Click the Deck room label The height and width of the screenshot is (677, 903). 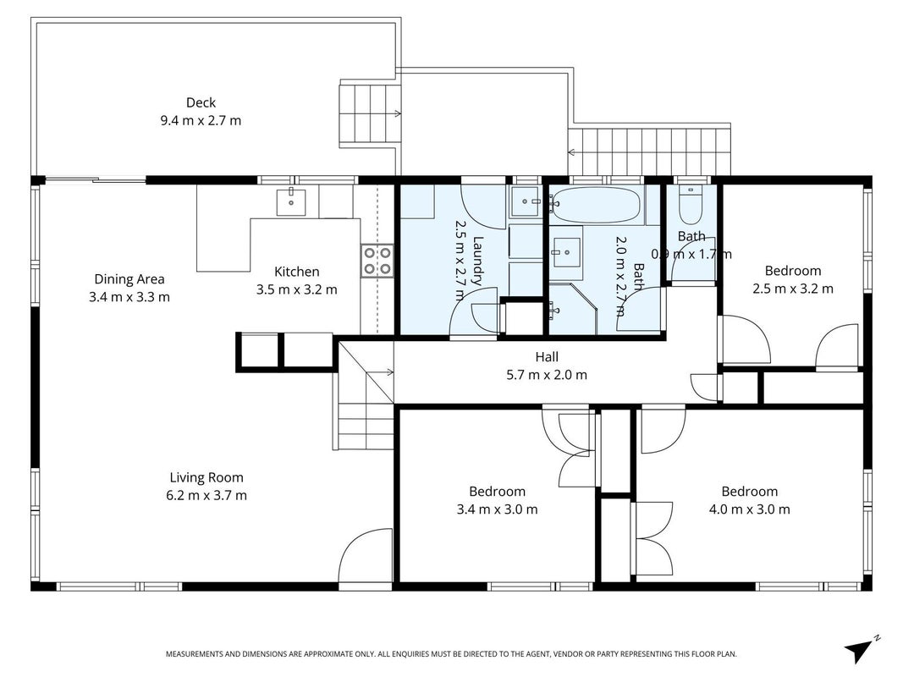point(201,102)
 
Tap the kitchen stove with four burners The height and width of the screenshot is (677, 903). point(377,261)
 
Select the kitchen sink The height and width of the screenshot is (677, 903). point(291,201)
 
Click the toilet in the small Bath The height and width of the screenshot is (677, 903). point(690,205)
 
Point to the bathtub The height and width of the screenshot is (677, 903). point(596,204)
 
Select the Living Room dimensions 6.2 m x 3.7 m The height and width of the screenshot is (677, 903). point(206,495)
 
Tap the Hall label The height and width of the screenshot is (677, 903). point(547,357)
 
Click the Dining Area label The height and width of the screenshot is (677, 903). point(129,279)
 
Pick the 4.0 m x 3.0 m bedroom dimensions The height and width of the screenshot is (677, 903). point(749,509)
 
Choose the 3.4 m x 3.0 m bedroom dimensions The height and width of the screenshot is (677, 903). point(497,509)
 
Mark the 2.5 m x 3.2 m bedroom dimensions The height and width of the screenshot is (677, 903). point(792,289)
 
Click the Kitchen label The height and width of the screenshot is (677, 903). point(296,272)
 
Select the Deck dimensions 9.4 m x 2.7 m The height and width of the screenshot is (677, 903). point(201,120)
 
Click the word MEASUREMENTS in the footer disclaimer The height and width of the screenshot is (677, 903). point(194,654)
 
